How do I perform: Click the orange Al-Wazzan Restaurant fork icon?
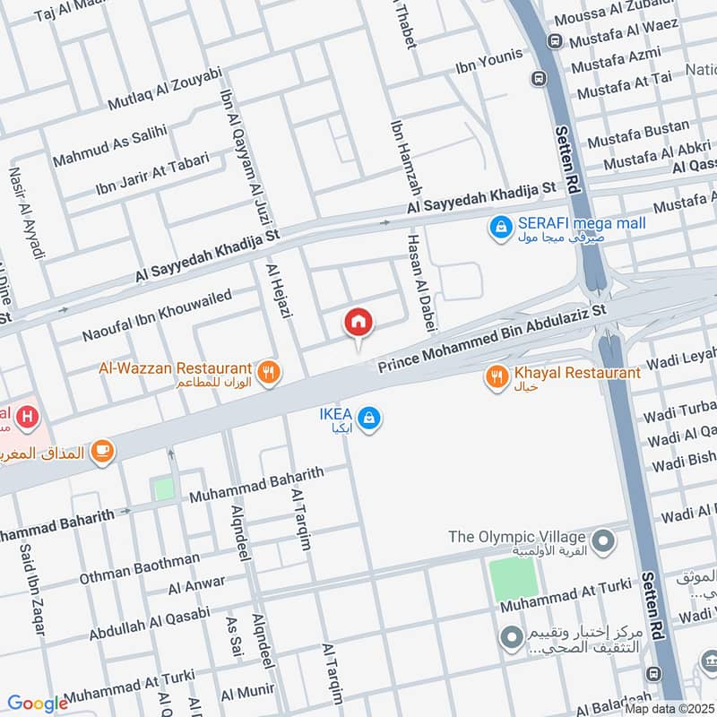(267, 372)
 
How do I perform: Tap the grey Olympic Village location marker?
(604, 540)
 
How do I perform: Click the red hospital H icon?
(29, 417)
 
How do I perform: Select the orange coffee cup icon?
(102, 451)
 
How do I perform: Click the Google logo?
(38, 704)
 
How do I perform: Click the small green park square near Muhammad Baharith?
(163, 489)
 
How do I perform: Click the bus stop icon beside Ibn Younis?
(539, 78)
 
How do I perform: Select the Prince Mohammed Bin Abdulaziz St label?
(492, 338)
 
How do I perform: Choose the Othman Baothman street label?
(140, 566)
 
